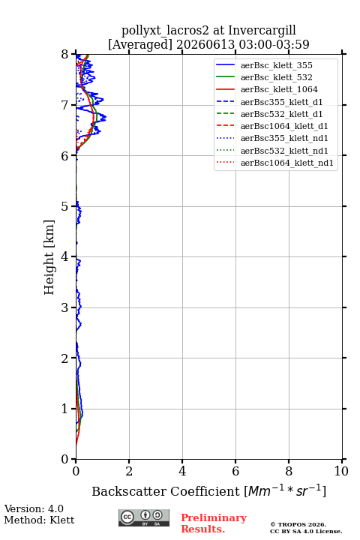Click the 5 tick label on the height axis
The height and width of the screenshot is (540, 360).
65,206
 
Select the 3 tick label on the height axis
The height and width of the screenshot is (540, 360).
65,307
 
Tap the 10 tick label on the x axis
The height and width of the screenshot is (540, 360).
341,471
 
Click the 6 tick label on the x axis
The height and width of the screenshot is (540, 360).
235,471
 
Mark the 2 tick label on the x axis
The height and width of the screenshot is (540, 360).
129,471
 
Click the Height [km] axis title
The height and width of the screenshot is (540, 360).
49,257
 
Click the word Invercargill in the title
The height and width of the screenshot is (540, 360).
262,31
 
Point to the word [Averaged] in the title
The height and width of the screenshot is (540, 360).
140,45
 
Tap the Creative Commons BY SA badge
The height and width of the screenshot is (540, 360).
144,518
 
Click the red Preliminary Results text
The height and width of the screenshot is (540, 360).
214,523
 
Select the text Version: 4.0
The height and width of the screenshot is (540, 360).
34,508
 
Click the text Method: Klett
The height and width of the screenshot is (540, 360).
39,520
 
